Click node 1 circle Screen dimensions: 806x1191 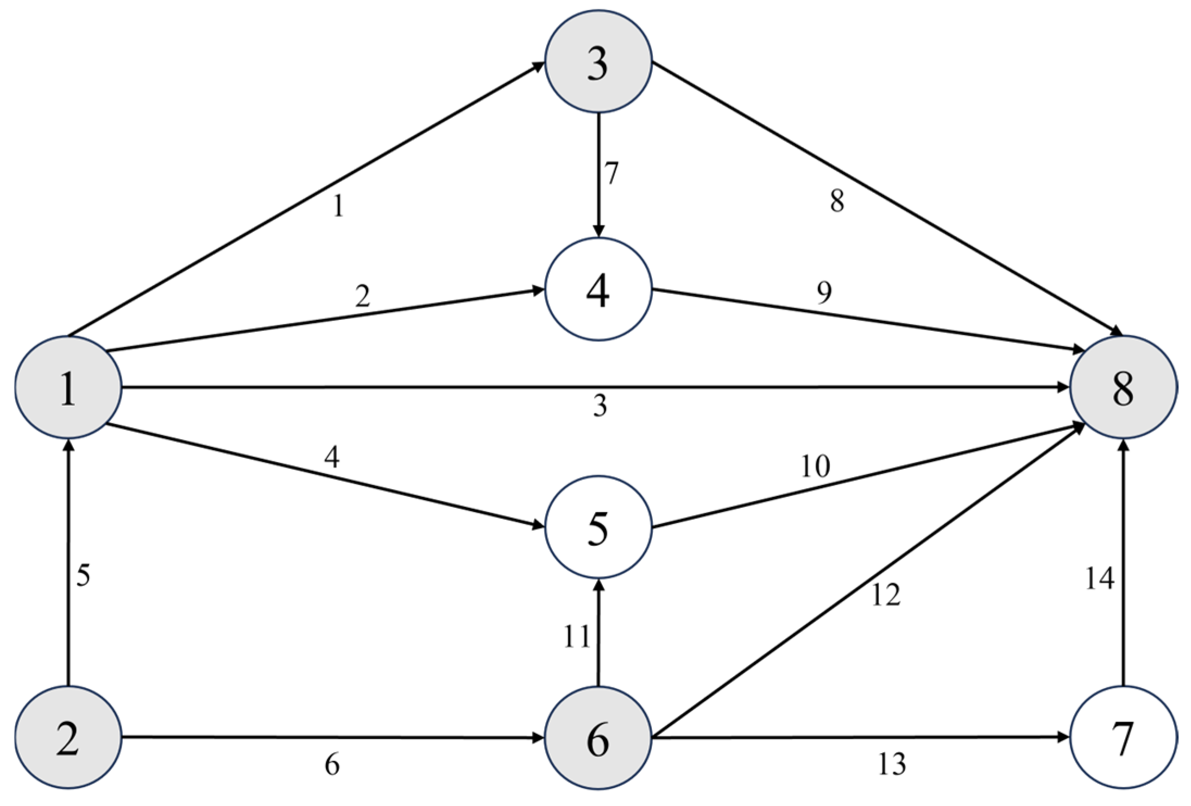tap(68, 387)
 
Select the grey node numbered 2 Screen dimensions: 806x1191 tap(68, 737)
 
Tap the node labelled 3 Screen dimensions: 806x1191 tap(598, 62)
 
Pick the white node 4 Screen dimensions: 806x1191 tap(598, 289)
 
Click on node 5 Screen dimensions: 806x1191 tap(598, 527)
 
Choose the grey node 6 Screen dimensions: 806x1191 tap(598, 737)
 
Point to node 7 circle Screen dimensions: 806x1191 tap(1123, 737)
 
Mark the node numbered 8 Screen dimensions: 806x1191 tap(1123, 387)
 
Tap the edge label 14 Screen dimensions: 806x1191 tap(1099, 578)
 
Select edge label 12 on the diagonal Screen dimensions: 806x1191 tap(886, 595)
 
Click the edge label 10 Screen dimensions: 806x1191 tap(815, 466)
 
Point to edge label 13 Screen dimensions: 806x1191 tap(892, 764)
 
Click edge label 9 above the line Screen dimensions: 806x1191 tap(824, 293)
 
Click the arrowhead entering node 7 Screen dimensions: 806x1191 tap(1063, 738)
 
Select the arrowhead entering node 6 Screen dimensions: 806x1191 tap(538, 738)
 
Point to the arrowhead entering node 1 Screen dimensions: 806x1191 tap(68, 446)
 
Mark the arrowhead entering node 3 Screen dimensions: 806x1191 tap(539, 66)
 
